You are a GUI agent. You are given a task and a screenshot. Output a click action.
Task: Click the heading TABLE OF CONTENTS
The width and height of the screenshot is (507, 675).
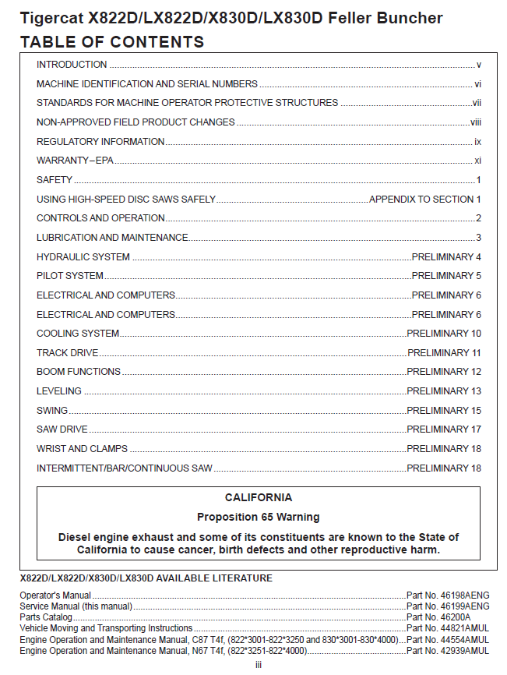pos(112,42)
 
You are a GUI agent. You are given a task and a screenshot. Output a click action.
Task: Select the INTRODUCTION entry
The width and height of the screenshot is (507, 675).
pos(72,65)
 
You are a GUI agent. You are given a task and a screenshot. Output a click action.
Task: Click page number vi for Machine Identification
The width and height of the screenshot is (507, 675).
pos(477,84)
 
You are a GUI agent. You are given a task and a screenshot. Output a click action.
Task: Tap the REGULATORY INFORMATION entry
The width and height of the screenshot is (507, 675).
pos(100,142)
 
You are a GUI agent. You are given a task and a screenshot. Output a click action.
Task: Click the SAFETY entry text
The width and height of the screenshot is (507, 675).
pos(55,180)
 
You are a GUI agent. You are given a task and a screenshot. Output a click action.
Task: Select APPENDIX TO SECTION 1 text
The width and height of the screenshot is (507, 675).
pos(425,200)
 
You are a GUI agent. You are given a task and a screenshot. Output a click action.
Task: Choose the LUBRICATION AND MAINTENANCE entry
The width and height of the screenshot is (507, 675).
pos(112,238)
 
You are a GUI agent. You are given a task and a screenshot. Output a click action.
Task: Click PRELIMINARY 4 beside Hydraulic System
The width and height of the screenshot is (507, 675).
pos(446,257)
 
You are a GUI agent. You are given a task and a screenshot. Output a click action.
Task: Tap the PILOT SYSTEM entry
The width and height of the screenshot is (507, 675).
pos(70,276)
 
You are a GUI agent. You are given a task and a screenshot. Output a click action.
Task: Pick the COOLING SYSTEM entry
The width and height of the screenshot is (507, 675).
pos(78,334)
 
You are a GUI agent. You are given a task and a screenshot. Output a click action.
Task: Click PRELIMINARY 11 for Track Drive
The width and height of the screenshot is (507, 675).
pos(444,353)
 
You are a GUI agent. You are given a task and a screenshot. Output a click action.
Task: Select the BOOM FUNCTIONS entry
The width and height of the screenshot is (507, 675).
pos(79,372)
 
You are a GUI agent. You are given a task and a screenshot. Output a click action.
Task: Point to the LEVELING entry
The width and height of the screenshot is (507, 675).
pos(59,391)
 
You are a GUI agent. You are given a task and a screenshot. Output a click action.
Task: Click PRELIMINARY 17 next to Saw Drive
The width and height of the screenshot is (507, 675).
pos(444,429)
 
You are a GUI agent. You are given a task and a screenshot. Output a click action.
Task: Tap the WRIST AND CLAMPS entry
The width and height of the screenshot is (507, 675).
pos(82,449)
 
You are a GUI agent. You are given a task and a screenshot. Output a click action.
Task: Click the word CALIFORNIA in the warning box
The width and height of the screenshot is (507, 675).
pos(259,497)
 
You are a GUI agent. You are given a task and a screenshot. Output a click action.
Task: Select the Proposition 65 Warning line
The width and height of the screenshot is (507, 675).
pos(259,517)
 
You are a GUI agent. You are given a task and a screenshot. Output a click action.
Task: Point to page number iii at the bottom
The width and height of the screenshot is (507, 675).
pos(259,664)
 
